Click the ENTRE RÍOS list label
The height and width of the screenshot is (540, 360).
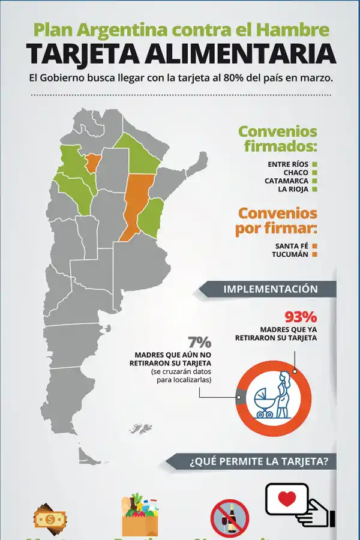[x=288, y=164]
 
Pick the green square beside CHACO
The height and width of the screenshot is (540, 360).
[x=314, y=172]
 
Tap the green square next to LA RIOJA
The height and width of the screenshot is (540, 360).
[x=314, y=189]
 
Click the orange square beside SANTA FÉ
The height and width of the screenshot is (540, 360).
[x=314, y=246]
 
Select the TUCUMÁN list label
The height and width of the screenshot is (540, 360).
[x=292, y=254]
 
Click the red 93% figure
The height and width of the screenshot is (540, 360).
[x=301, y=316]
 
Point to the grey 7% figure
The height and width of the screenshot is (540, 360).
[x=199, y=343]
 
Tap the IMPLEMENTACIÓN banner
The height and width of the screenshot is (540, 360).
[x=271, y=289]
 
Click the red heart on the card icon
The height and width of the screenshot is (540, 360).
[x=287, y=499]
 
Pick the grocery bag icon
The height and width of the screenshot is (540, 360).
[x=140, y=515]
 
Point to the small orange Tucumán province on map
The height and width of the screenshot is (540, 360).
[x=92, y=162]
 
